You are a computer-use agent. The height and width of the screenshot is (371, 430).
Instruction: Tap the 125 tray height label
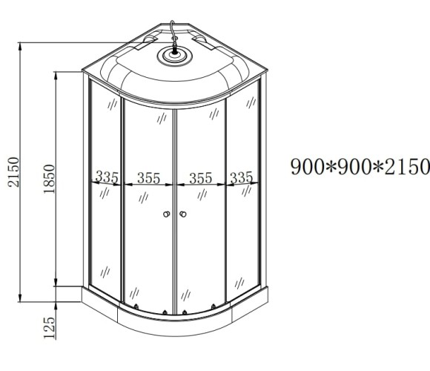coord(50,326)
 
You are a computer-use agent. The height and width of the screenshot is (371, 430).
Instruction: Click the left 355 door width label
coord(149,177)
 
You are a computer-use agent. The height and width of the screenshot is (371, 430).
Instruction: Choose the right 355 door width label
coord(200,177)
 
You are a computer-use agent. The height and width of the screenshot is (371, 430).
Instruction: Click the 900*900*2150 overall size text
coord(360,167)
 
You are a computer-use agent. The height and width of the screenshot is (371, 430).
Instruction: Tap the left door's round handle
coord(166,215)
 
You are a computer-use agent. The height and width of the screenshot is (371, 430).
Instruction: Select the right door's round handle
coord(182,215)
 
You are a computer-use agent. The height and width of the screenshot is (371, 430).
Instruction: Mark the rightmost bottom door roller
coord(214,306)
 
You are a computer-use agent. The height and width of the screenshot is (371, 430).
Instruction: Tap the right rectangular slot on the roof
coord(201,42)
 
